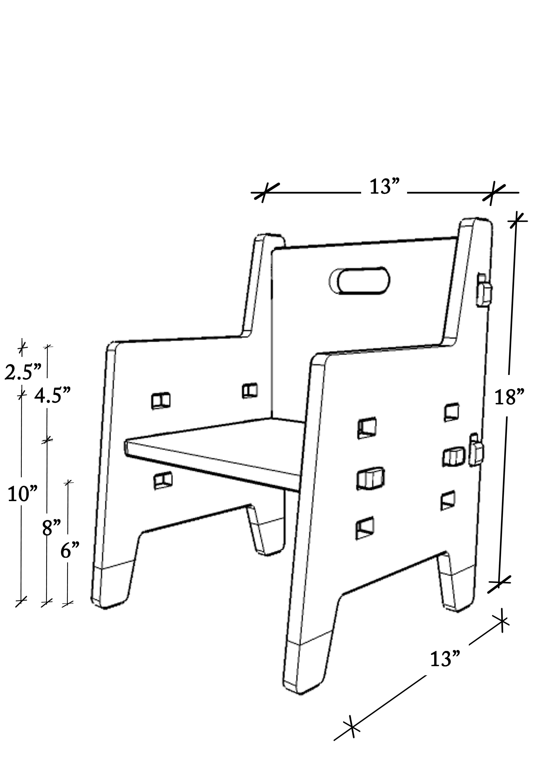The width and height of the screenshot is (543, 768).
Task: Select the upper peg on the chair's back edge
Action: click(x=484, y=292)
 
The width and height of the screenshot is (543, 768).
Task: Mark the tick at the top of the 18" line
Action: click(x=517, y=220)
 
